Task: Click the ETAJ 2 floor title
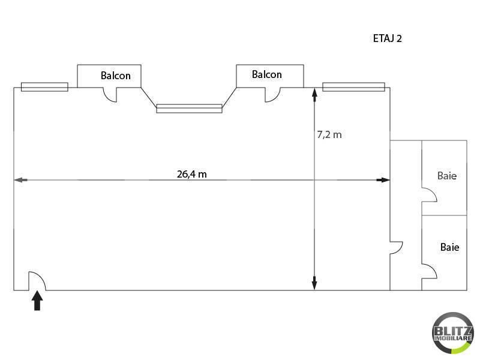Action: click(x=387, y=38)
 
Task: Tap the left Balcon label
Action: click(x=116, y=76)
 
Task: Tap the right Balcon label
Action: click(x=266, y=74)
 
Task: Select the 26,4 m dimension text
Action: click(x=191, y=174)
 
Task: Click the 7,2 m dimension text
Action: click(x=329, y=134)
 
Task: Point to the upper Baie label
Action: click(x=447, y=176)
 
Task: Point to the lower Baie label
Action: click(x=449, y=247)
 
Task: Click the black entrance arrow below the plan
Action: click(x=37, y=301)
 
